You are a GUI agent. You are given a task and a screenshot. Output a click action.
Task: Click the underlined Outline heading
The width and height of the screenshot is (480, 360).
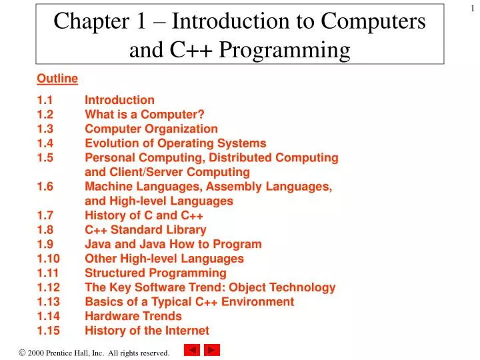pyautogui.click(x=57, y=79)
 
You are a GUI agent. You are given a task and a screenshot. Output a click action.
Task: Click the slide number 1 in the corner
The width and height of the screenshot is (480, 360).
pyautogui.click(x=472, y=7)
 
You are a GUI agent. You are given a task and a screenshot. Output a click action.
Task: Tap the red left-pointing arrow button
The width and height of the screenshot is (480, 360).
pyautogui.click(x=191, y=350)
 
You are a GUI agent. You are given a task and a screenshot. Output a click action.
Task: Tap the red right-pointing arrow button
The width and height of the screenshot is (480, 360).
pyautogui.click(x=212, y=350)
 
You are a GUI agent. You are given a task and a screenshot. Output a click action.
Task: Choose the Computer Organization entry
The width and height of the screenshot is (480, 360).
pyautogui.click(x=151, y=129)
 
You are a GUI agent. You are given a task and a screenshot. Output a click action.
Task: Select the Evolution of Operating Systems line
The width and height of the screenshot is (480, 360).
pyautogui.click(x=175, y=143)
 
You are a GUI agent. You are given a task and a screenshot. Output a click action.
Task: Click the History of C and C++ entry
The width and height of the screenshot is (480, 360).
pyautogui.click(x=144, y=215)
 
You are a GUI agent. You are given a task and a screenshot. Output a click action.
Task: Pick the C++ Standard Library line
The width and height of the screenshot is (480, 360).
pyautogui.click(x=145, y=230)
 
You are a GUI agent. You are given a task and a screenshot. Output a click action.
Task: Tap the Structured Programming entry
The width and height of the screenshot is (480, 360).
pyautogui.click(x=155, y=273)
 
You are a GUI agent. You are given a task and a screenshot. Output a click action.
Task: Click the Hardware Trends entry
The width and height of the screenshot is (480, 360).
pyautogui.click(x=133, y=316)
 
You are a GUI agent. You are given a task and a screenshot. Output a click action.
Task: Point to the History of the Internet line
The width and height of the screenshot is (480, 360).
pyautogui.click(x=147, y=331)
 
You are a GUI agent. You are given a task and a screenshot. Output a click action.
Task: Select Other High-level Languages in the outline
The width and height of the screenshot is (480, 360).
pyautogui.click(x=164, y=259)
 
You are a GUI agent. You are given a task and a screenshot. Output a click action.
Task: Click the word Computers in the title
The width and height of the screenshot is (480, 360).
pyautogui.click(x=374, y=21)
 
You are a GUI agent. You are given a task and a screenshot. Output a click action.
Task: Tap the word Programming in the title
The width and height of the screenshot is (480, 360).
pyautogui.click(x=294, y=49)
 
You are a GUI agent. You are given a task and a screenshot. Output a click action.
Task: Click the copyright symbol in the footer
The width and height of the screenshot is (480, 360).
pyautogui.click(x=23, y=351)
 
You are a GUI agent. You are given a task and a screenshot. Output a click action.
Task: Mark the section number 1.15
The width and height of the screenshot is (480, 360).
pyautogui.click(x=48, y=331)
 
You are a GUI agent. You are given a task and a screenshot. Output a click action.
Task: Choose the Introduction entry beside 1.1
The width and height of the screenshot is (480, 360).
pyautogui.click(x=119, y=100)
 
